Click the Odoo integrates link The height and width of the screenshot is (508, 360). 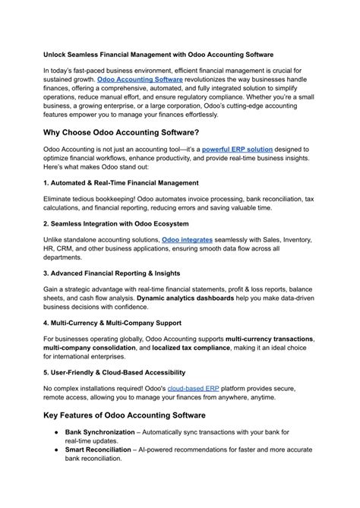click(188, 239)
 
